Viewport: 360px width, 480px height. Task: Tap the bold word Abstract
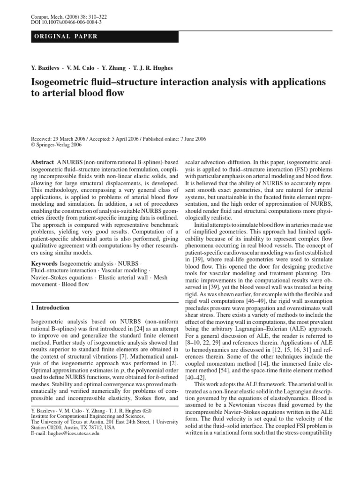tap(42, 161)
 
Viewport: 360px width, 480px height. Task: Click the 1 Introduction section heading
tap(50, 307)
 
